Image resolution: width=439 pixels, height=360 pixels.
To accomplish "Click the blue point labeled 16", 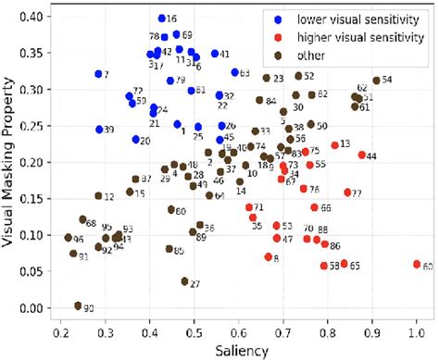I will coord(161,19).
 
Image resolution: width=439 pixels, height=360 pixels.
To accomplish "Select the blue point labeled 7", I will coord(98,73).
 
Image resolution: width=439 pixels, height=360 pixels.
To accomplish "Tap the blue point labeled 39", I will coord(99,130).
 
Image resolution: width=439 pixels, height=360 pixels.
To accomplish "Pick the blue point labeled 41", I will coord(215,54).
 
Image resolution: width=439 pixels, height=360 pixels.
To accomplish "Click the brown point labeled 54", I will coord(376,81).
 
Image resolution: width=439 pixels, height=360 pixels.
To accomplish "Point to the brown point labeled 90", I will coord(78,305).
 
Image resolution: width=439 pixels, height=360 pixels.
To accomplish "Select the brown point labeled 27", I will coord(184,281).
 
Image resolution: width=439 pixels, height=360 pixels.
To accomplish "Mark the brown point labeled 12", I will coord(98,196).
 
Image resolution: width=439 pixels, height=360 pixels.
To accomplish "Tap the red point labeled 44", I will coord(362,155).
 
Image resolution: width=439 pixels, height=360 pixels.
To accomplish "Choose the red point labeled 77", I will coord(348,192).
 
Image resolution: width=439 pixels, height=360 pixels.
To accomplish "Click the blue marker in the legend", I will coord(281,18).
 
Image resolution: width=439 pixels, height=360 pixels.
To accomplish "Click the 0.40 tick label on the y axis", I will coord(40,19).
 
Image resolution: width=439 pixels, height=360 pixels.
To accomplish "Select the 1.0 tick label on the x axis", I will coord(416,329).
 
